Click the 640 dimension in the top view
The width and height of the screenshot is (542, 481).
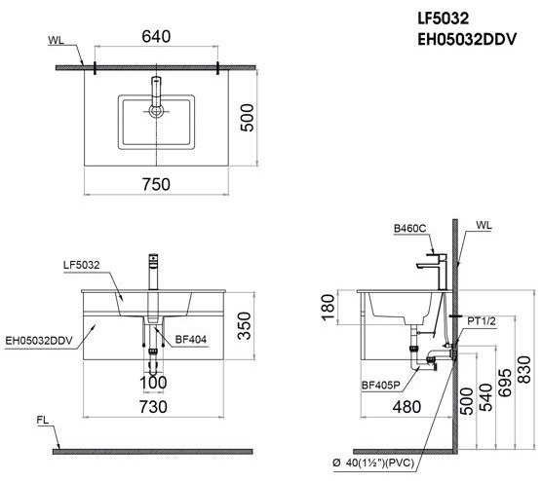coord(156,37)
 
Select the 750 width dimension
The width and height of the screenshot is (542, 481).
coord(156,184)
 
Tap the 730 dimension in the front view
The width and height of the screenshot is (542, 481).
coord(153,407)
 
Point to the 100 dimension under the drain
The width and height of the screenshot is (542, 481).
coord(153,383)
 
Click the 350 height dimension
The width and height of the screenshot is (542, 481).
coord(245,325)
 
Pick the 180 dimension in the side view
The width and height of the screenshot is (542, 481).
coord(328,308)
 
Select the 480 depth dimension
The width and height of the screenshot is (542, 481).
coord(406,407)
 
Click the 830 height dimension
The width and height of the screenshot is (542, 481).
coord(524,369)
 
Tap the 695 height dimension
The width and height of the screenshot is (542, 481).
coord(505,383)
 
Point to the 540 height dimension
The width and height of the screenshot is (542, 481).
coord(485,397)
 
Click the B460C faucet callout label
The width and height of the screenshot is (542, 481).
coord(410,229)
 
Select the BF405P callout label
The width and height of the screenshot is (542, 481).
coord(380,385)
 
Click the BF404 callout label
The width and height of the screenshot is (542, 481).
coord(191,340)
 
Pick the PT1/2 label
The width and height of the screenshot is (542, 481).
coord(482,321)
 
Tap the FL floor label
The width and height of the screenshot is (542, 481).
coord(43,421)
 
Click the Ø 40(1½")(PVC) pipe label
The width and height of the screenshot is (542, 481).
coord(373,462)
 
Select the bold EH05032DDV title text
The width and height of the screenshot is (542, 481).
coord(467,39)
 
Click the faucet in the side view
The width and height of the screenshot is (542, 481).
coord(433,272)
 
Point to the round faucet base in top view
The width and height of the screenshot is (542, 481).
coord(156,111)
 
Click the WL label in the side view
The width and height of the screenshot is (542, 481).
coord(484,226)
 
